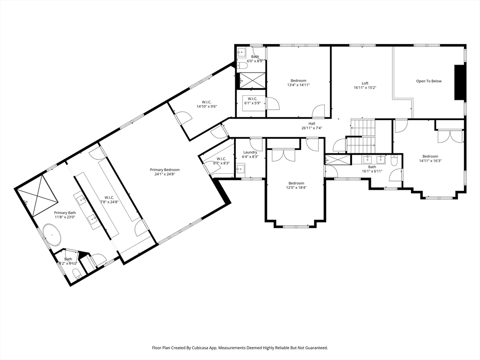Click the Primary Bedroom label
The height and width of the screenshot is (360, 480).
click(x=165, y=170)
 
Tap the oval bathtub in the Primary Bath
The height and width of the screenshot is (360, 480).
click(x=52, y=234)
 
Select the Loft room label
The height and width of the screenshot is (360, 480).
click(x=365, y=83)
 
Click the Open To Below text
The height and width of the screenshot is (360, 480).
click(x=428, y=81)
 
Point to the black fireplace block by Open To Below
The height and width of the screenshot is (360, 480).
click(x=459, y=82)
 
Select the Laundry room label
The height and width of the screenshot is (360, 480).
click(x=250, y=152)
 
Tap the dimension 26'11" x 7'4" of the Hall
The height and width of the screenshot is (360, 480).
click(x=312, y=128)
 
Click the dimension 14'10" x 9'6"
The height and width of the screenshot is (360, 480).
click(x=207, y=106)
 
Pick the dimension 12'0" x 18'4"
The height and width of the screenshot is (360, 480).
click(x=296, y=187)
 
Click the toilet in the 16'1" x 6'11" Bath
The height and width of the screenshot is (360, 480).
click(x=394, y=161)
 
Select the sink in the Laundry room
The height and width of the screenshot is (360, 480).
click(x=240, y=169)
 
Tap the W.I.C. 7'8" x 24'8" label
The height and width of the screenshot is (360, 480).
click(x=109, y=200)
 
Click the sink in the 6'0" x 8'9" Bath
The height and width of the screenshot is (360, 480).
click(x=242, y=53)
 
